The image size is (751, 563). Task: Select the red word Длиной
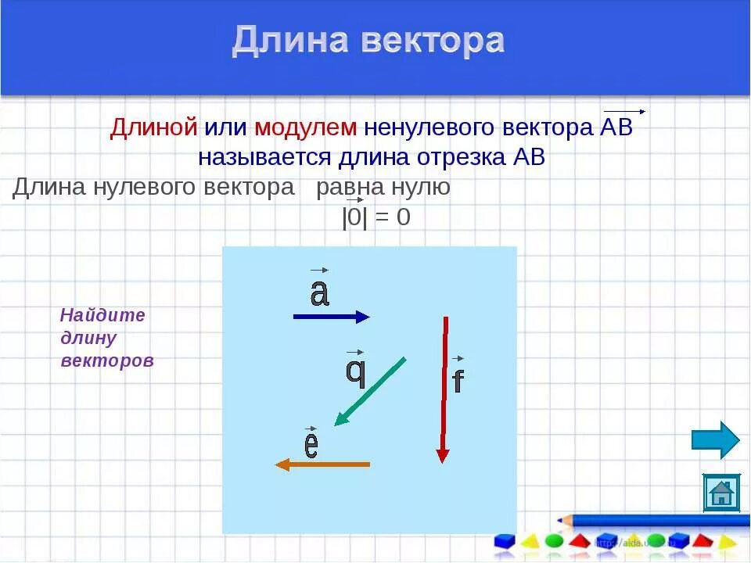[153, 128]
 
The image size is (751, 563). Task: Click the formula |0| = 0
[375, 217]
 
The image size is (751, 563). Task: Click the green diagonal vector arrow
[370, 391]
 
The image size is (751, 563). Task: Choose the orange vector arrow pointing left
[322, 464]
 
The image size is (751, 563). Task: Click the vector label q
[356, 371]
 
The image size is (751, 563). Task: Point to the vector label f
[458, 380]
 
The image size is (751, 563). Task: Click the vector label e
[311, 445]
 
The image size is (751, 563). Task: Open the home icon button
[720, 493]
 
